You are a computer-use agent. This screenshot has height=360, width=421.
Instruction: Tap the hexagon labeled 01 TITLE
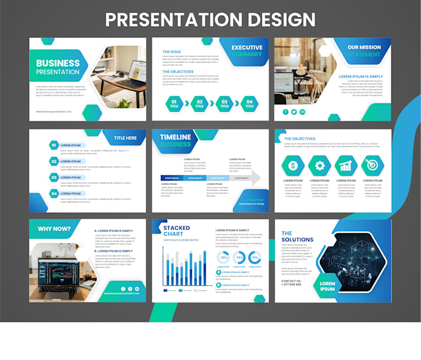pyautogui.click(x=174, y=103)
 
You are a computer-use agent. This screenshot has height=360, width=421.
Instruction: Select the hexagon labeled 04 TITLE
pyautogui.click(x=250, y=103)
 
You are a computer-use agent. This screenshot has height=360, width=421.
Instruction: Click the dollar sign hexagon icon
pyautogui.click(x=292, y=165)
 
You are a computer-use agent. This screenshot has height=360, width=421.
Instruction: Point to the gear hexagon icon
pyautogui.click(x=319, y=165)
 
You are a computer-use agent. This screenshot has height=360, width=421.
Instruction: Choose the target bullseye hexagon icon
pyautogui.click(x=372, y=165)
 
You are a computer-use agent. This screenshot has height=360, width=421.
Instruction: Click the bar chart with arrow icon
pyautogui.click(x=345, y=165)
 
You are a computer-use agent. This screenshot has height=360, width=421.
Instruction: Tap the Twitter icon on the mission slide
pyautogui.click(x=294, y=112)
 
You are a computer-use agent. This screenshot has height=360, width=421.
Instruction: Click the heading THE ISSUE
pyautogui.click(x=173, y=52)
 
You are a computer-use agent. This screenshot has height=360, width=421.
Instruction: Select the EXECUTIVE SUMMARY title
pyautogui.click(x=246, y=51)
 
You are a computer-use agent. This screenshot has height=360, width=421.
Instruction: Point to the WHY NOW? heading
pyautogui.click(x=53, y=228)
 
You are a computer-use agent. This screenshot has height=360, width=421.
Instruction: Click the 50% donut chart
pyautogui.click(x=224, y=257)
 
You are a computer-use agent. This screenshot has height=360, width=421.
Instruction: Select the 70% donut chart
pyautogui.click(x=254, y=257)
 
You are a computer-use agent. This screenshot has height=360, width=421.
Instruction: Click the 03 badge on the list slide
pyautogui.click(x=54, y=178)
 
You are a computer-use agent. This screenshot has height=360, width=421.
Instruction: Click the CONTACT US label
pyautogui.click(x=292, y=280)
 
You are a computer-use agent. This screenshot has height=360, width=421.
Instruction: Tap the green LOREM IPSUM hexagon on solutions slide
pyautogui.click(x=328, y=286)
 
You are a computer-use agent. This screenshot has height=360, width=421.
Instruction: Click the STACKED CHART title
pyautogui.click(x=176, y=231)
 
